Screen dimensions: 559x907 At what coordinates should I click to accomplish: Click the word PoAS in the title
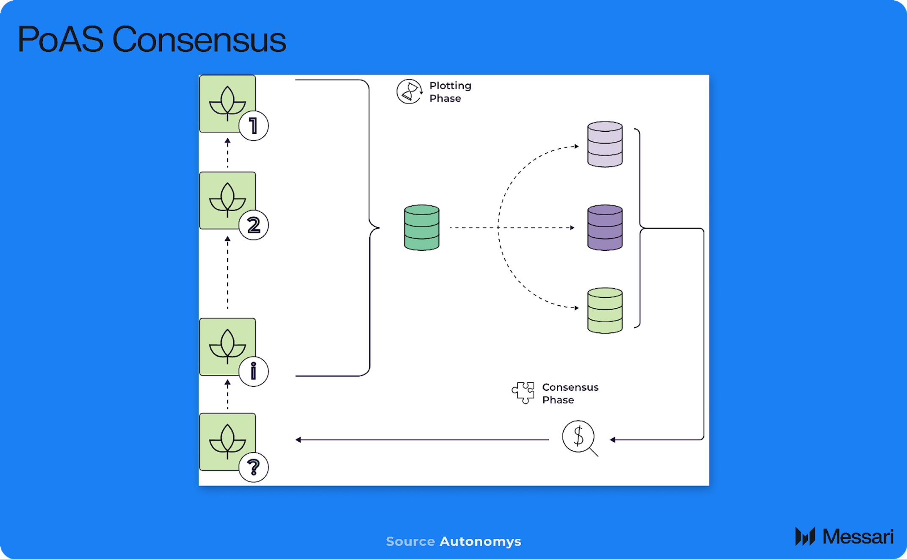[60, 40]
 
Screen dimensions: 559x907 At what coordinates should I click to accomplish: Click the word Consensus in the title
[199, 40]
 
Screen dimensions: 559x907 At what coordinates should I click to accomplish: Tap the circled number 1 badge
[253, 126]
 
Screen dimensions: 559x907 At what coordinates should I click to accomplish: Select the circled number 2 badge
[253, 225]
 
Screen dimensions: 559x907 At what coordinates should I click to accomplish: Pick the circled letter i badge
[253, 371]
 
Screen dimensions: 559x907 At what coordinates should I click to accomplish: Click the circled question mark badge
[253, 467]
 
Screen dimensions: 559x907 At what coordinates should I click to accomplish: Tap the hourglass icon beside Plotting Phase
[409, 91]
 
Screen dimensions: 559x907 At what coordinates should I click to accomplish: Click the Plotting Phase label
[450, 92]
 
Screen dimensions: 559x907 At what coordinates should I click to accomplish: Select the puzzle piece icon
[523, 393]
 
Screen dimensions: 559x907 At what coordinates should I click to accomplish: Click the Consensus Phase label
[570, 393]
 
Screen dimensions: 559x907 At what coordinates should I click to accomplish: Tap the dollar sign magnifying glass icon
[579, 437]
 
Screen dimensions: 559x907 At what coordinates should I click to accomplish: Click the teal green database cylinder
[422, 228]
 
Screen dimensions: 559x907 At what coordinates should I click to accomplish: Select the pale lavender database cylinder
[605, 144]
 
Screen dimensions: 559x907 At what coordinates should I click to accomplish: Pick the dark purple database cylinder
[605, 228]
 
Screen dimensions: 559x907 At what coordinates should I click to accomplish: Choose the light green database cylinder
[605, 310]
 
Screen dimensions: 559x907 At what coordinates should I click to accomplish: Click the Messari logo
[844, 537]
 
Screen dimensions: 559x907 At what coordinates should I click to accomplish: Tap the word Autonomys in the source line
[480, 541]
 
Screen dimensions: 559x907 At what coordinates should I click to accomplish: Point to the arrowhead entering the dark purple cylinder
[572, 228]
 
